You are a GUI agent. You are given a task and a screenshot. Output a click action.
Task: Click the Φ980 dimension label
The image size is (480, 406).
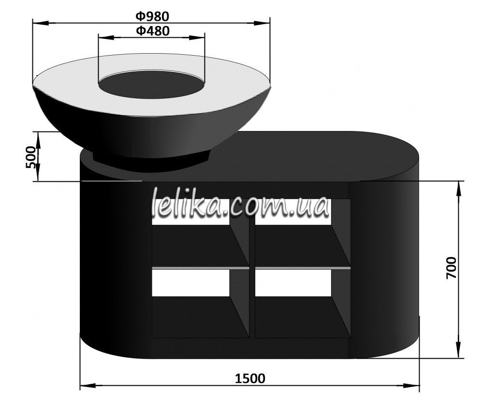(152, 16)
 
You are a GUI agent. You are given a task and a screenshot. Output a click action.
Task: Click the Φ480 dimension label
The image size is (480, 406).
(152, 30)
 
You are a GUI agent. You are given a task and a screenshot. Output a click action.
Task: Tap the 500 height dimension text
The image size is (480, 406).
(30, 157)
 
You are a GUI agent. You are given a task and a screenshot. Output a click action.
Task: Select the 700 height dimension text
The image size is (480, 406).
(451, 268)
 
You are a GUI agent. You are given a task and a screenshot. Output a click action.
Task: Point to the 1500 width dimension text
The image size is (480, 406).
(250, 379)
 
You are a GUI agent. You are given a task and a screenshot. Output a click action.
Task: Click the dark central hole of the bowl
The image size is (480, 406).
(151, 85)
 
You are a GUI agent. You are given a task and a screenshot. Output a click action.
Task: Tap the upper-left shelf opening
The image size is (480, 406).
(201, 232)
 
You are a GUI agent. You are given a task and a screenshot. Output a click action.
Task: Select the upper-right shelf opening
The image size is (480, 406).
(303, 232)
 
